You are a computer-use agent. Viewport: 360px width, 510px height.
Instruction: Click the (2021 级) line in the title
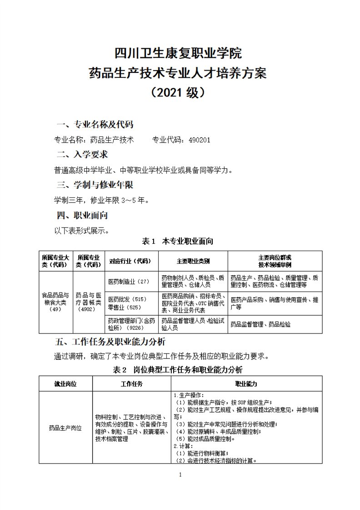pos(180,92)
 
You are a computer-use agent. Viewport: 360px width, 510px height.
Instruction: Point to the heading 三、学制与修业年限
pos(95,185)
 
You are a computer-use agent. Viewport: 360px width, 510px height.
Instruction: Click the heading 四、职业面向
pos(82,215)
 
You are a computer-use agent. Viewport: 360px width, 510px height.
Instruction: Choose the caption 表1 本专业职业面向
pos(178,241)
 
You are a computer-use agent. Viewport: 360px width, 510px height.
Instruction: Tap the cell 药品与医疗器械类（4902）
pos(88,302)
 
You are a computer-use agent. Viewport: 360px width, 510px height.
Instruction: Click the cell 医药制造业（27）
pos(129,282)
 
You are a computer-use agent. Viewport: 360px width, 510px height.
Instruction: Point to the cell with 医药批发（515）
pos(127,299)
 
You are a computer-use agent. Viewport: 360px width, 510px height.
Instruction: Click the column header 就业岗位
pos(66,384)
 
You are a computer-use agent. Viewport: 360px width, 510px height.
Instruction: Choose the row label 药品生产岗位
pos(65,428)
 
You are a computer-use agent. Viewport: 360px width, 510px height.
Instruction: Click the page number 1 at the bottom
pos(180,475)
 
